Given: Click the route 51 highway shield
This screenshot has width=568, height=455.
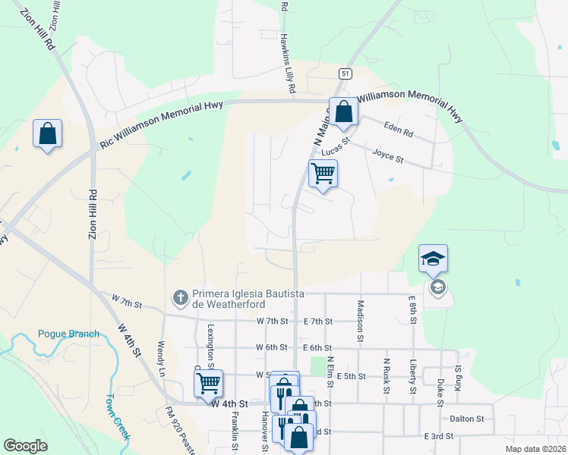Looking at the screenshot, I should tap(346, 73).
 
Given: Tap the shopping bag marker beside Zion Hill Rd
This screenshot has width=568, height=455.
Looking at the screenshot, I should tap(47, 133).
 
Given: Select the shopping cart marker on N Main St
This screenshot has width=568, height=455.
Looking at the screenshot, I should tap(323, 174).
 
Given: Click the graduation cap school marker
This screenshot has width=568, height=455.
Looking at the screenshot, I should tap(433, 259).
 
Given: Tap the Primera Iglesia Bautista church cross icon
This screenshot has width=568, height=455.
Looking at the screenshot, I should tap(181, 297).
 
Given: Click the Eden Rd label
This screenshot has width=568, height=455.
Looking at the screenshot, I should tap(398, 130).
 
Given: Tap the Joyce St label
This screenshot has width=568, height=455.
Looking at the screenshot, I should tap(387, 156).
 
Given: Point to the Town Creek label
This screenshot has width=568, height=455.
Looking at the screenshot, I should tap(117, 417).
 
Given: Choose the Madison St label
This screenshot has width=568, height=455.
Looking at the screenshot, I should tap(360, 319).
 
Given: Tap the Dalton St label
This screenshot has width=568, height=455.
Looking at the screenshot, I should tap(465, 419).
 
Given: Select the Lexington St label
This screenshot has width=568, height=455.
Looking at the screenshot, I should tap(210, 345).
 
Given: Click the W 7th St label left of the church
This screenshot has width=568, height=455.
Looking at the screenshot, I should tap(127, 303).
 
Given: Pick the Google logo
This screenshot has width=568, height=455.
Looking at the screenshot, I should tap(25, 446).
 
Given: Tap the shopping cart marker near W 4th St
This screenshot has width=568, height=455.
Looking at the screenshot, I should tap(208, 383).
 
